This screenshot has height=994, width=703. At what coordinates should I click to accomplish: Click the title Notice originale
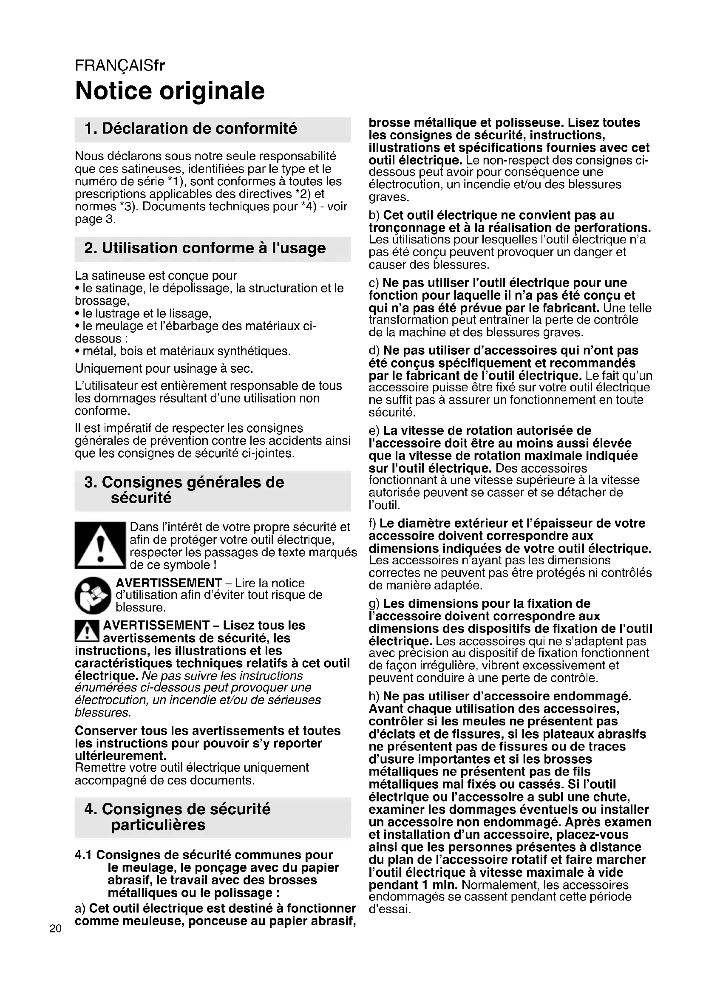click(170, 91)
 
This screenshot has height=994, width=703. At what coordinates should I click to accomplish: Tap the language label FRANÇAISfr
click(120, 65)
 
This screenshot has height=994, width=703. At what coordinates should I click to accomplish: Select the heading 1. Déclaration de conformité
click(191, 129)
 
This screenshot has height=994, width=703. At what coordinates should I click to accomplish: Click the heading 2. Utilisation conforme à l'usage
click(205, 249)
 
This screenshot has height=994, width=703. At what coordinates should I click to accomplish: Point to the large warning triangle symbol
click(99, 545)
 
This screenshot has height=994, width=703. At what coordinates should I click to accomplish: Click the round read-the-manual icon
click(93, 595)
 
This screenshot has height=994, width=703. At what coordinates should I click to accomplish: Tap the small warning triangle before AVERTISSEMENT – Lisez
click(87, 631)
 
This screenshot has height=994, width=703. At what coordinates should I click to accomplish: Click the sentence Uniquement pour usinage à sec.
click(164, 368)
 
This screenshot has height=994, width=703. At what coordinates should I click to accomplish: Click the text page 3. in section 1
click(95, 219)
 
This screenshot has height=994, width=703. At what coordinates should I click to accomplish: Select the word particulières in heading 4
click(158, 825)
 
